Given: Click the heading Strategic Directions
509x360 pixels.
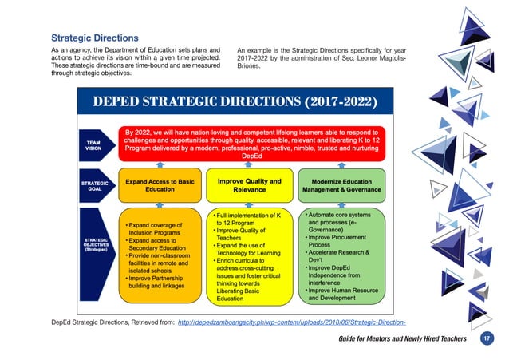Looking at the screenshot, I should point(95,38).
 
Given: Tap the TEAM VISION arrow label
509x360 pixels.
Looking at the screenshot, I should point(93,144).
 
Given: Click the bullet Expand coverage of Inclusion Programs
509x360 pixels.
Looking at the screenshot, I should point(155,229).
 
